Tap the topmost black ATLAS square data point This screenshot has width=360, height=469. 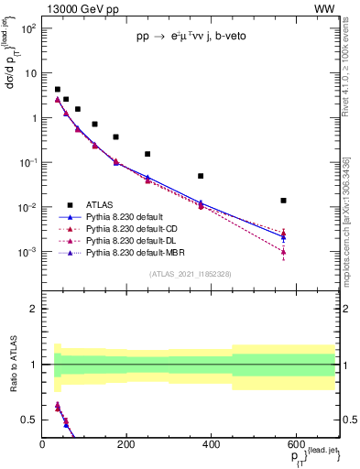tap(58, 90)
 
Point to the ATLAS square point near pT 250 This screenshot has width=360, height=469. tap(147, 154)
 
